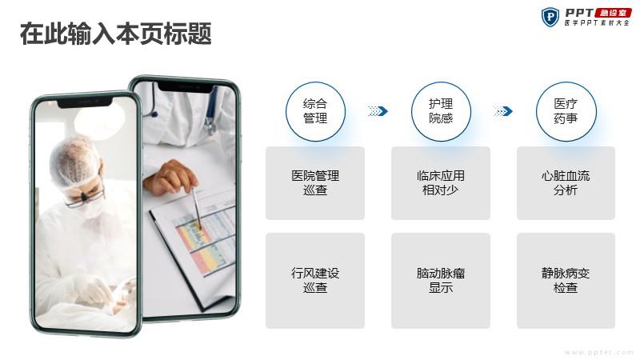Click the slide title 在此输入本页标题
(116, 34)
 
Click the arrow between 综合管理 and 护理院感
(378, 111)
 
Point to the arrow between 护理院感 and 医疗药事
(503, 111)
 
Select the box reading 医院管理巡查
(315, 183)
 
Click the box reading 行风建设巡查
(315, 281)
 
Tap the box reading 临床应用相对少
(441, 183)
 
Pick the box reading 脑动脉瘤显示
(441, 281)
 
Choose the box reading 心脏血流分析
(566, 183)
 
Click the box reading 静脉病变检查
(566, 281)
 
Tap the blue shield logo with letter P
(550, 17)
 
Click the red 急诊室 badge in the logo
(614, 13)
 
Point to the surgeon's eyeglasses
(84, 198)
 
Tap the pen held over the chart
(197, 207)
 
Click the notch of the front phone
(85, 103)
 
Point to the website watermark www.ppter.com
(598, 352)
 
